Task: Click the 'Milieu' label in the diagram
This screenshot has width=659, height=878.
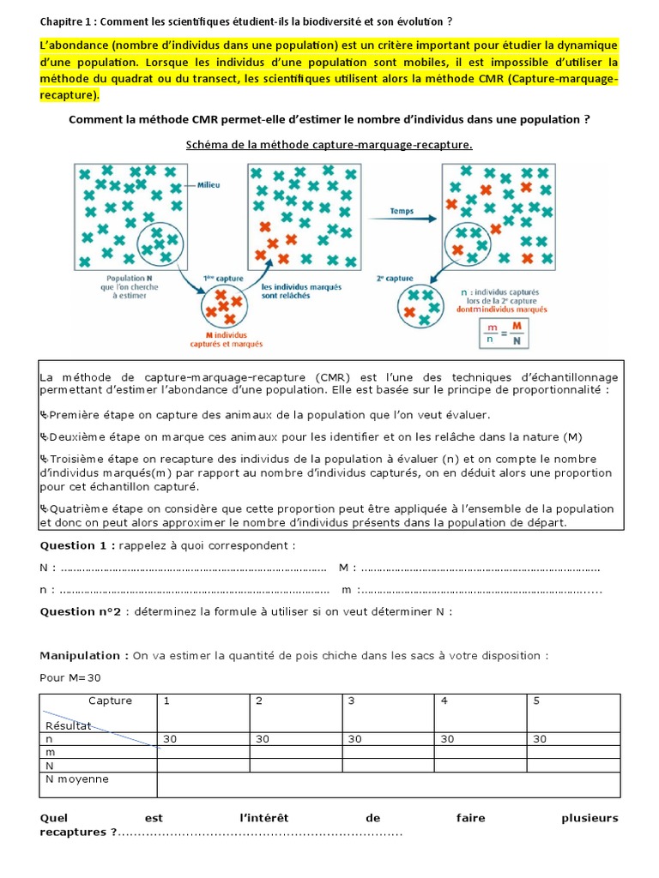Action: click(209, 183)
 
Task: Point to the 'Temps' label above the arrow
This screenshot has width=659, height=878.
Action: click(402, 210)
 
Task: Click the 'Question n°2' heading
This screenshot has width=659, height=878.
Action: click(84, 611)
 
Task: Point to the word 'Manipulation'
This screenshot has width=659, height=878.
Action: click(84, 656)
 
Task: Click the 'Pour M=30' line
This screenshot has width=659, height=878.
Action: click(70, 677)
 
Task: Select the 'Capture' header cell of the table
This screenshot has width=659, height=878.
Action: click(110, 701)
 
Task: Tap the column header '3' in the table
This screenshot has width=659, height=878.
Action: click(351, 701)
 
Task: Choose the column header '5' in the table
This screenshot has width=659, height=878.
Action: click(536, 701)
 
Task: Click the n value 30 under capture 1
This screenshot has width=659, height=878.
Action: click(169, 738)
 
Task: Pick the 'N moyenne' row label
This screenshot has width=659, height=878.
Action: click(76, 779)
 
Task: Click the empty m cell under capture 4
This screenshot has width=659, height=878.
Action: click(481, 752)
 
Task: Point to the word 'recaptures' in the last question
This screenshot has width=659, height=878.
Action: click(74, 832)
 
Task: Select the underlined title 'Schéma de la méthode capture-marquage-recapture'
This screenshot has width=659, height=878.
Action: click(329, 145)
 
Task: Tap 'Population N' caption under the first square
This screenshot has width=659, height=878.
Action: click(129, 280)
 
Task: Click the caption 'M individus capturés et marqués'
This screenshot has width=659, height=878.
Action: click(222, 340)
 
